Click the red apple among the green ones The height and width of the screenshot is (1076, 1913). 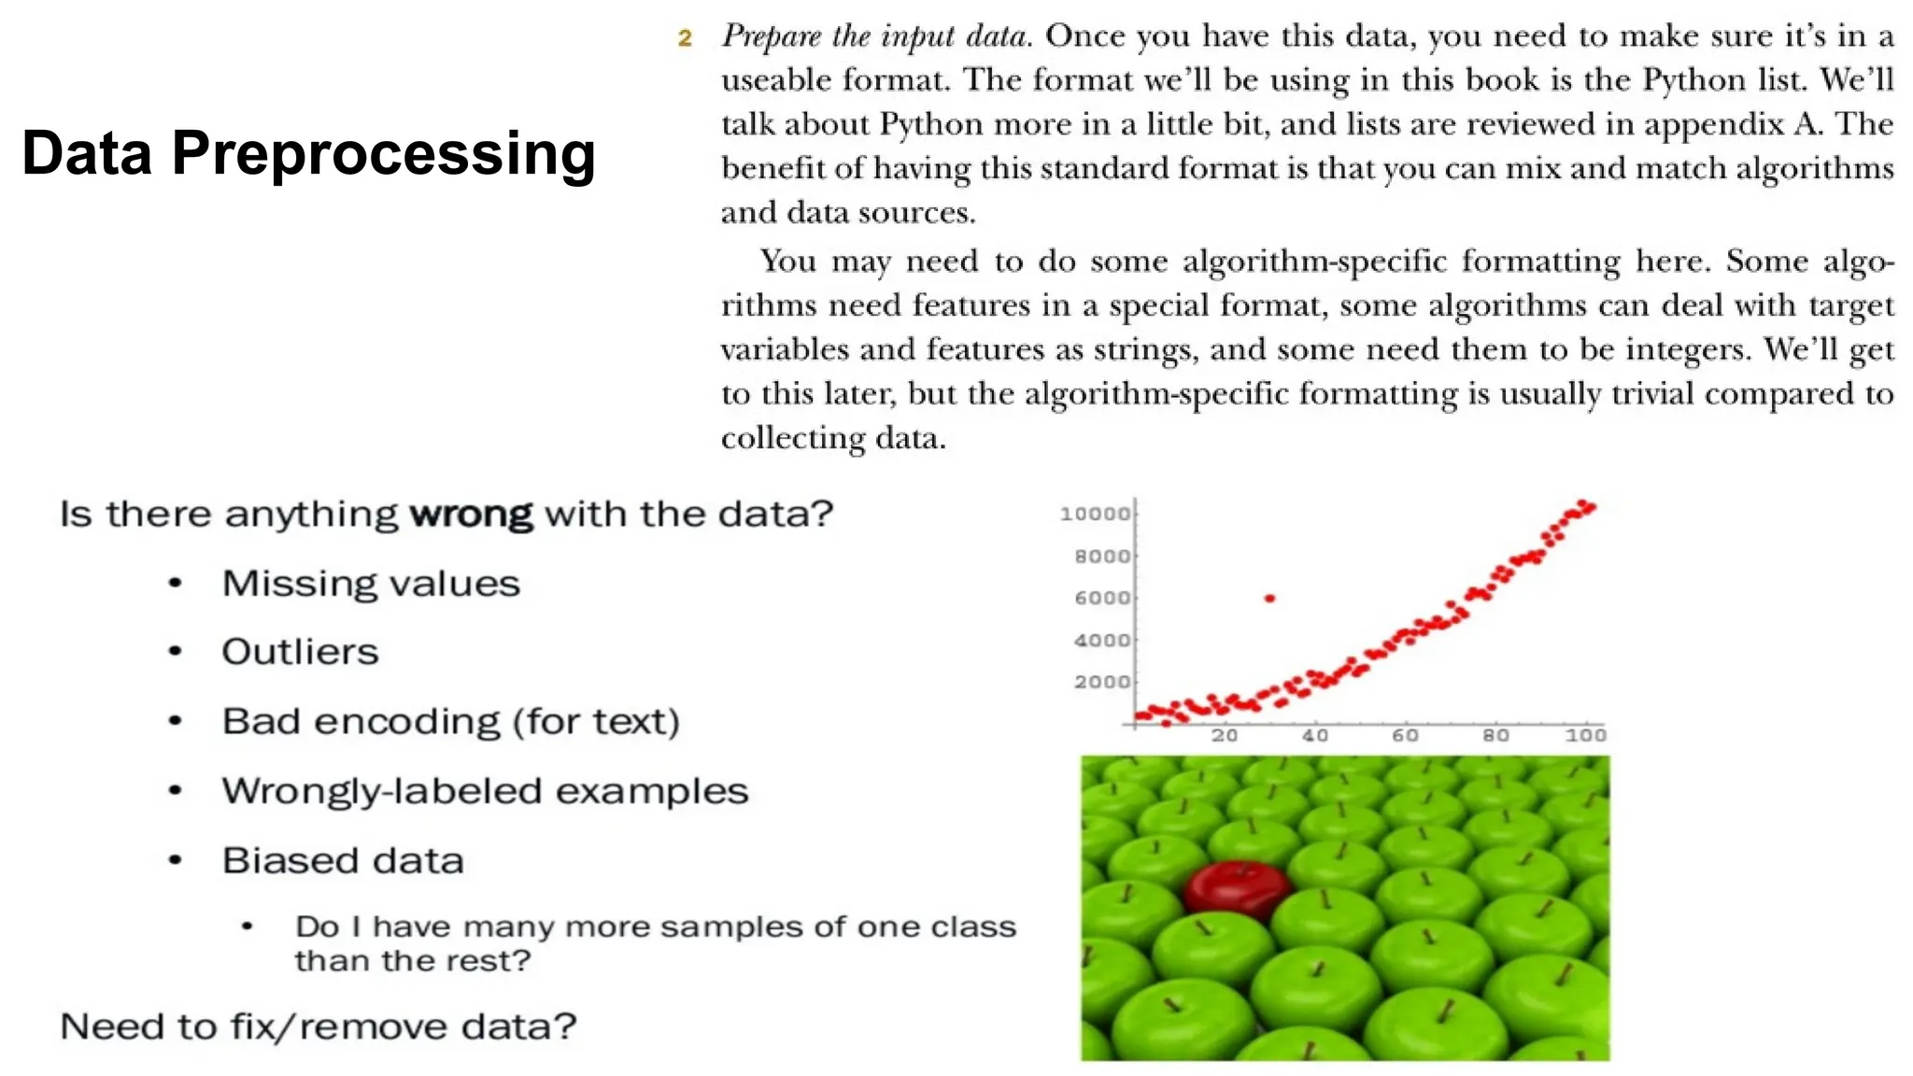point(1237,886)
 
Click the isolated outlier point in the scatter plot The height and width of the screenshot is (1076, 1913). point(1269,598)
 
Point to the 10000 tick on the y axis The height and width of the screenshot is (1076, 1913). point(1095,514)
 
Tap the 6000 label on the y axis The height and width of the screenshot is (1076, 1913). point(1102,598)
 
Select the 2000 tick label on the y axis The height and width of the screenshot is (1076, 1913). point(1102,682)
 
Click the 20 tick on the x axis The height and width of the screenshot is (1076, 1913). point(1225,735)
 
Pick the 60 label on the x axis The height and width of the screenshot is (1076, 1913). point(1405,735)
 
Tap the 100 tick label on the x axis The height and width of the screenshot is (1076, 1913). point(1585,735)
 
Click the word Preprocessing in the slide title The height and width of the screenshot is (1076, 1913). point(383,154)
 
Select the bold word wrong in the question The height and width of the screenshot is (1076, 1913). point(472,514)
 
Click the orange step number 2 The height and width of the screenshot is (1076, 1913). point(685,38)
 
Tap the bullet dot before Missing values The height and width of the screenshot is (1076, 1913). point(175,584)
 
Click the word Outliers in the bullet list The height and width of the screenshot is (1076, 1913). point(300,652)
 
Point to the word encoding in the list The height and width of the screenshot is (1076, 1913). point(406,722)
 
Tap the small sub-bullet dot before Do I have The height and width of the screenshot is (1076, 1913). point(247,927)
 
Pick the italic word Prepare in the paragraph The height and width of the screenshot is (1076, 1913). point(771,37)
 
